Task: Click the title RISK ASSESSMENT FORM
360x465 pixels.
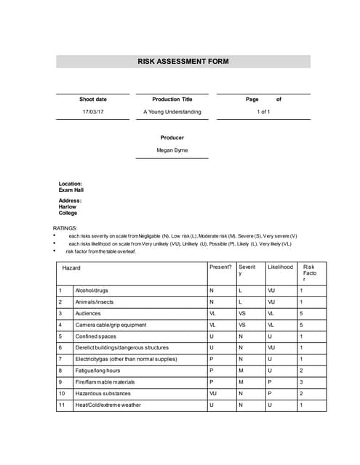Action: [x=183, y=62]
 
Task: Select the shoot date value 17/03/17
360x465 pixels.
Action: [x=92, y=112]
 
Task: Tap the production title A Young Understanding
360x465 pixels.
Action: [x=172, y=112]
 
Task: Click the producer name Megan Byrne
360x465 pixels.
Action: [x=172, y=150]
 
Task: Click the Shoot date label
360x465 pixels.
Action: [x=92, y=99]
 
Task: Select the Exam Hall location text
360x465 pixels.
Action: [x=71, y=190]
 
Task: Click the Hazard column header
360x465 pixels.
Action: [x=71, y=268]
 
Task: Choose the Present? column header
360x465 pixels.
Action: [x=220, y=267]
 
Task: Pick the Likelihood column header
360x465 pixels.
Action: [x=280, y=267]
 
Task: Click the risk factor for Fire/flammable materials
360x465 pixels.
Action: [x=302, y=381]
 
